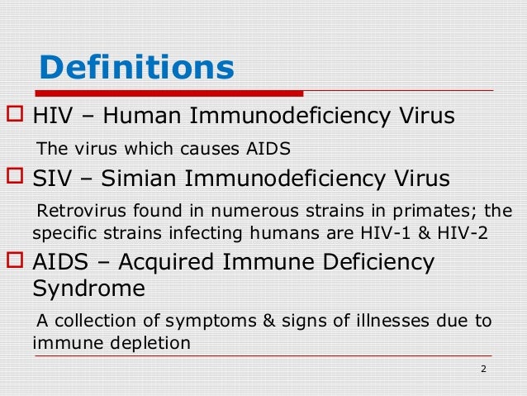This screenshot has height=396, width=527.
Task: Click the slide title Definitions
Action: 136,68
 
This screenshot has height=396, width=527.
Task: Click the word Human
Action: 145,116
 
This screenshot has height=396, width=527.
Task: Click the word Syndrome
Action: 88,289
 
